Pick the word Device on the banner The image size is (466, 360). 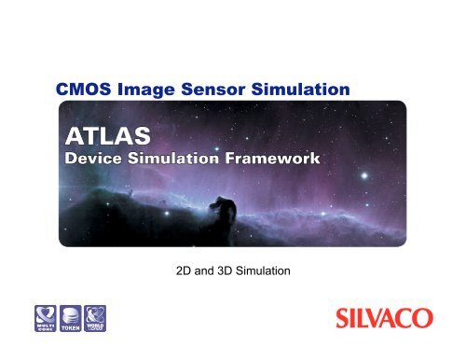tap(103, 159)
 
